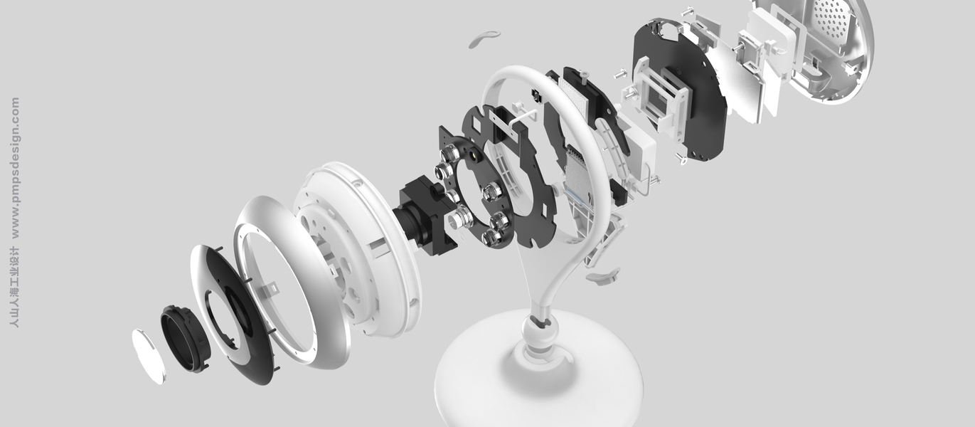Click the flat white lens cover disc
[x=149, y=357]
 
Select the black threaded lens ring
[x=185, y=339]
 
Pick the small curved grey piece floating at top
[x=484, y=38]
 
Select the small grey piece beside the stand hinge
[x=603, y=276]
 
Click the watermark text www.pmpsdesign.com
[x=15, y=168]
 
